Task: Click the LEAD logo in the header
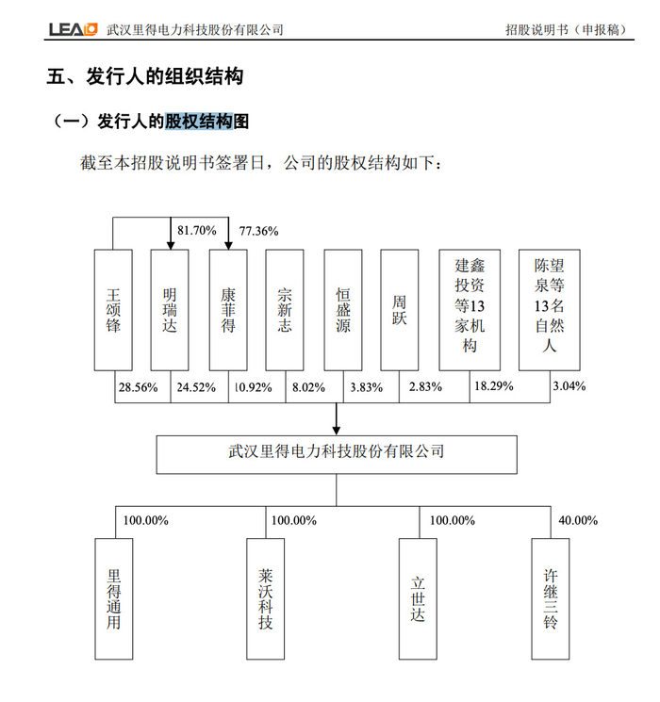point(73,29)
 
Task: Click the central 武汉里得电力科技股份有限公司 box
point(337,452)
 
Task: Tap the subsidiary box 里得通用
point(114,597)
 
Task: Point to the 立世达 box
point(419,597)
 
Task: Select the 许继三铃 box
point(551,597)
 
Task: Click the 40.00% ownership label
point(579,520)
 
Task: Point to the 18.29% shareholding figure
point(493,386)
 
